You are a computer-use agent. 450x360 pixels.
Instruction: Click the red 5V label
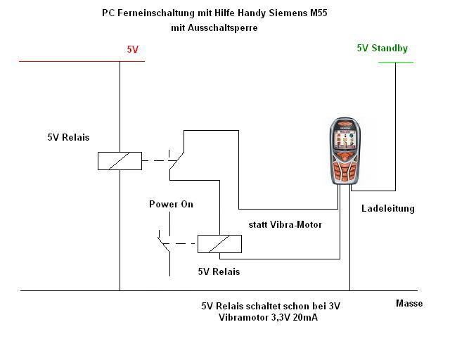point(133,49)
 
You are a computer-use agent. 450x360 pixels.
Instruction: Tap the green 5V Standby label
point(382,49)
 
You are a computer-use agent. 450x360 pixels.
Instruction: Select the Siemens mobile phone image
point(345,151)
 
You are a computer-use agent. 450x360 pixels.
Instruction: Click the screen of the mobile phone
point(345,139)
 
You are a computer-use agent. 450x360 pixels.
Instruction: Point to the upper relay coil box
point(120,161)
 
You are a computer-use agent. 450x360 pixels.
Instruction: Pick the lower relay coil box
point(219,244)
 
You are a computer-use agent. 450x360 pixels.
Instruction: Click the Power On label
point(171,204)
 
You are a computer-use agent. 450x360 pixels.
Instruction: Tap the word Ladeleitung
point(388,208)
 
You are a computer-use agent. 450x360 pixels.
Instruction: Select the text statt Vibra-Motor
point(285,224)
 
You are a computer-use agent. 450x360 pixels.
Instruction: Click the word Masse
point(409,304)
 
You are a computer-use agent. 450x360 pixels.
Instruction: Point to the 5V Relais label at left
point(68,137)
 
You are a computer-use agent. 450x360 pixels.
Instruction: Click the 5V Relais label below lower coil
point(219,271)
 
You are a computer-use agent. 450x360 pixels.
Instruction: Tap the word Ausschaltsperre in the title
point(223,28)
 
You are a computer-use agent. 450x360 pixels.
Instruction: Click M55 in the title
point(318,13)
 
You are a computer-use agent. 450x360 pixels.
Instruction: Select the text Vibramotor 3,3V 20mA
point(268,318)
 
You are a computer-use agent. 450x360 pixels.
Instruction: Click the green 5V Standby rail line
point(396,62)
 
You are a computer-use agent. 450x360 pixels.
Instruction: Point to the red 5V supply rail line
point(82,61)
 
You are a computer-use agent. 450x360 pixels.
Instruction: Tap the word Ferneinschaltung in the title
point(156,13)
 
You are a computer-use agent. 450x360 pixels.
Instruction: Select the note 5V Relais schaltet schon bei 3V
point(271,306)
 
